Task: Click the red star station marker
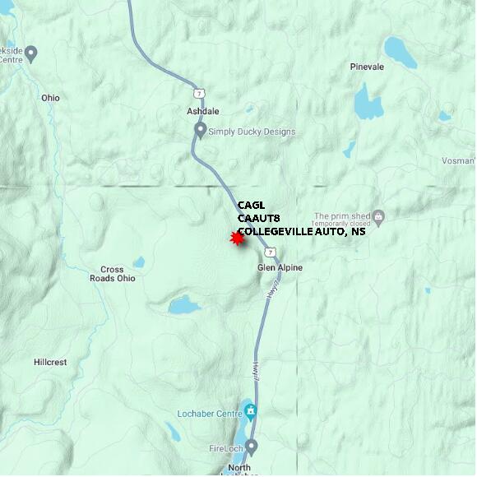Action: [238, 238]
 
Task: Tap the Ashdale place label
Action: [202, 110]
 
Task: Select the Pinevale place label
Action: [367, 67]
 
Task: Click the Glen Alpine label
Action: [280, 268]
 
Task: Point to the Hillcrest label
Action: [50, 362]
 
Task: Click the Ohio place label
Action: [50, 98]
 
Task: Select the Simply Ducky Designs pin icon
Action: [200, 130]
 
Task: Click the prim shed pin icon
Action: [379, 217]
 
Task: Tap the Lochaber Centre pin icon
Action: [251, 410]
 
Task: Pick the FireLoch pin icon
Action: [252, 447]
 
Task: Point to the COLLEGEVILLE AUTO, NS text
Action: [301, 232]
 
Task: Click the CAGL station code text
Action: [252, 206]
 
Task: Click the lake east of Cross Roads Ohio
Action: [184, 306]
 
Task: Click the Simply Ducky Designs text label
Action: [252, 132]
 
